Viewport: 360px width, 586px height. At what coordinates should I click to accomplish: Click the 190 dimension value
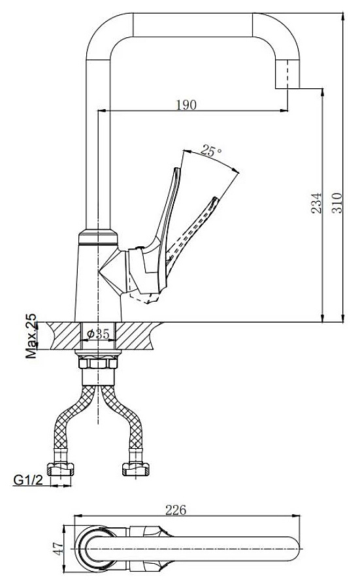(x=186, y=105)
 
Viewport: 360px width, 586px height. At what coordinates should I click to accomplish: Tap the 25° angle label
(x=211, y=151)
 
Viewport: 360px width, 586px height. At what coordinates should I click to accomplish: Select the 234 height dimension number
(x=316, y=203)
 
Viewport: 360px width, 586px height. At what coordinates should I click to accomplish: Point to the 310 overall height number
(x=337, y=203)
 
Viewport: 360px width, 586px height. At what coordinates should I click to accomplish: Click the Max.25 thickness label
(x=31, y=336)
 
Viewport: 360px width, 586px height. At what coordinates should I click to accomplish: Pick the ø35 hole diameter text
(x=98, y=334)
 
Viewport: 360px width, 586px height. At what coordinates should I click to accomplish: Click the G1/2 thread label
(x=28, y=480)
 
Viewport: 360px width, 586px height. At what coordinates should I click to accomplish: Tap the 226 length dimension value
(x=176, y=510)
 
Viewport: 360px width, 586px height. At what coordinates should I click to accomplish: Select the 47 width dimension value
(x=58, y=548)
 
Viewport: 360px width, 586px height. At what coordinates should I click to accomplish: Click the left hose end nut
(x=60, y=469)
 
